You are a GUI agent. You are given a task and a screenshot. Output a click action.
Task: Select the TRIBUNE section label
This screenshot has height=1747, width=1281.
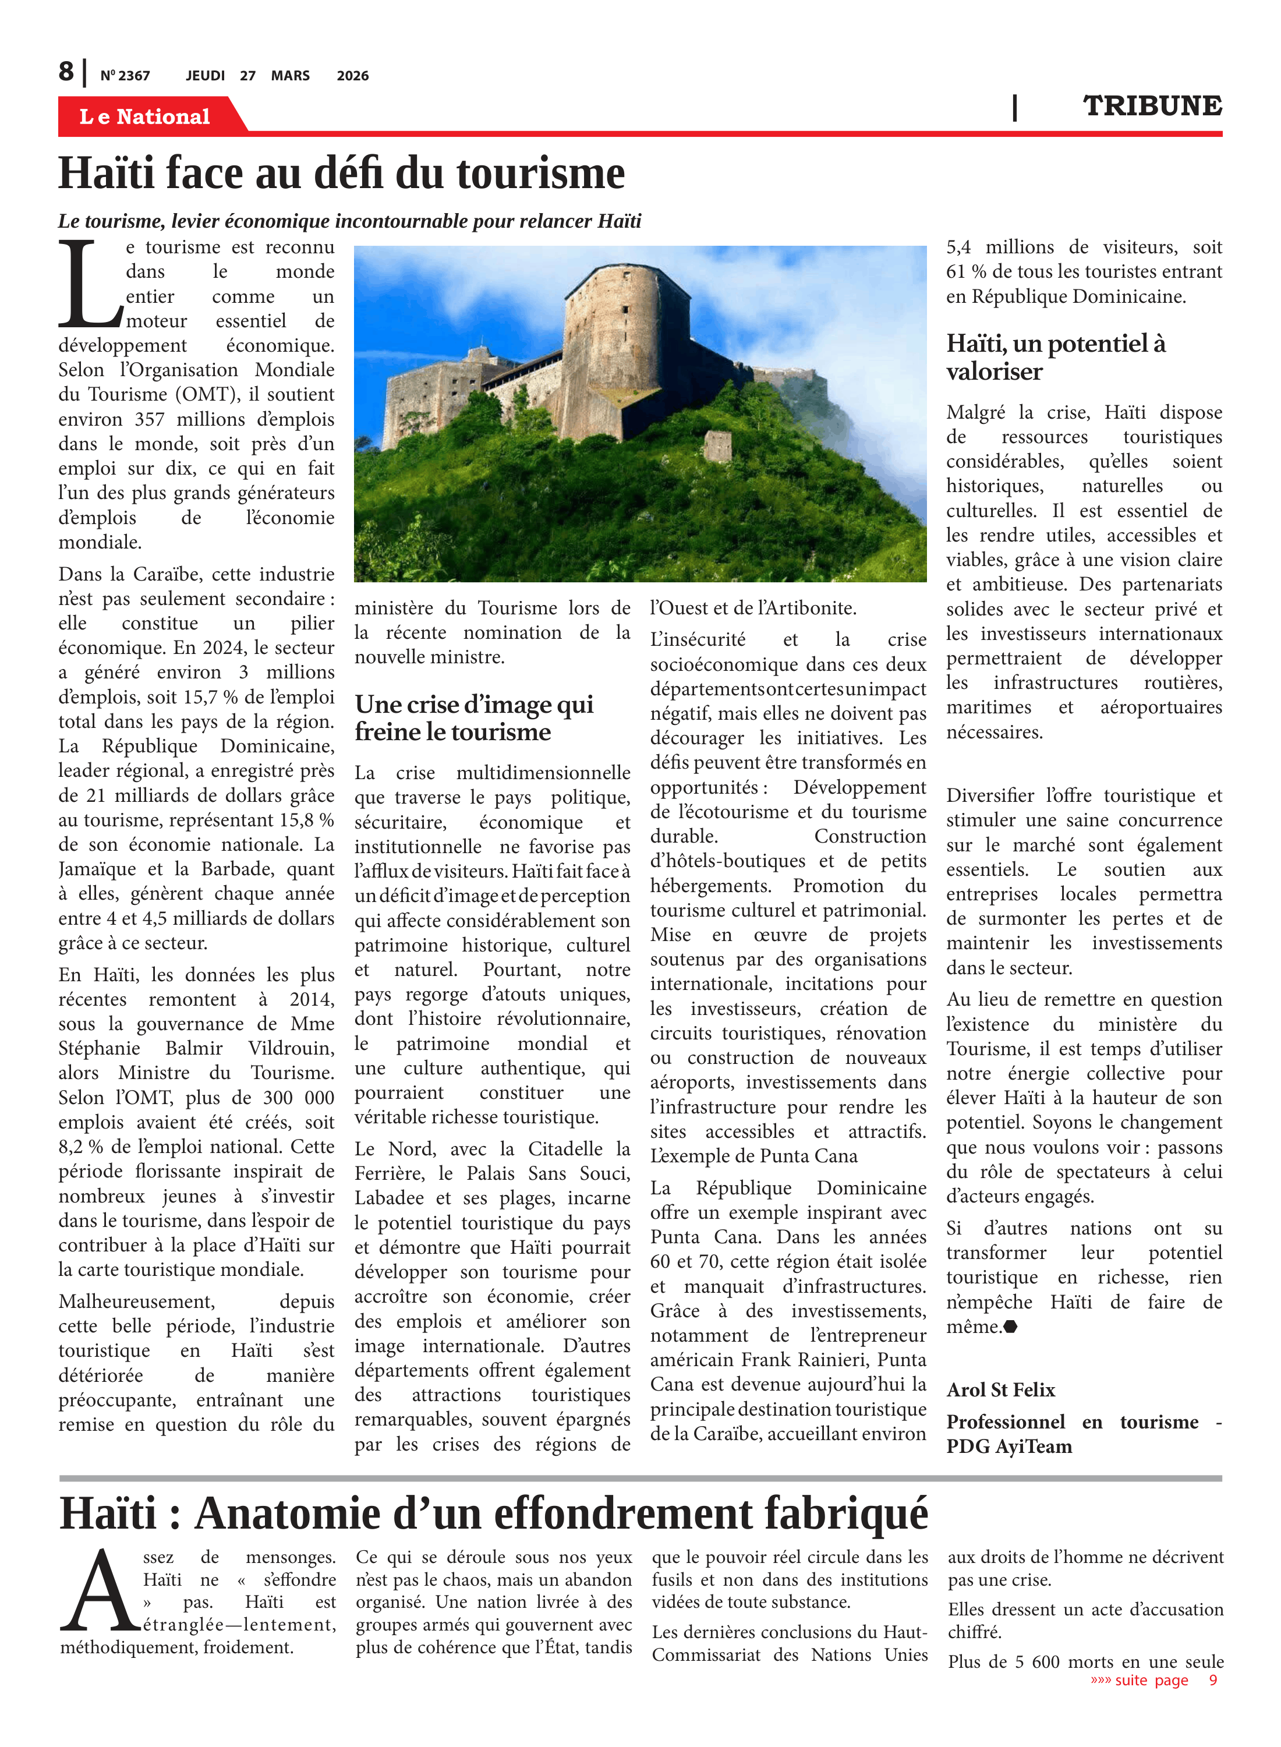[1152, 105]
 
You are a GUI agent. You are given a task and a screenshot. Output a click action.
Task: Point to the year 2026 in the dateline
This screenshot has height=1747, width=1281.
[352, 76]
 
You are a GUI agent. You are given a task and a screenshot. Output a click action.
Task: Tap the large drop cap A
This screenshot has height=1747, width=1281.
[99, 1590]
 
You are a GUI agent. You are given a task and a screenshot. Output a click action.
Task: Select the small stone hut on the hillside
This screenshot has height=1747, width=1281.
[717, 446]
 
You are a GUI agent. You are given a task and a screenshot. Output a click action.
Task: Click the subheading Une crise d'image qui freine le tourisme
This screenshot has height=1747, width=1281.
[474, 717]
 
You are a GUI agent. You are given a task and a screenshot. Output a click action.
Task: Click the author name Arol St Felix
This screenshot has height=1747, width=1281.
[1000, 1389]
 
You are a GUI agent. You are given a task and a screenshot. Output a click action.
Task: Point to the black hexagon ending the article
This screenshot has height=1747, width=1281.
[1010, 1327]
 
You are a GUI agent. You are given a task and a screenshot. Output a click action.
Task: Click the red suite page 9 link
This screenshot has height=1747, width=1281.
[1153, 1679]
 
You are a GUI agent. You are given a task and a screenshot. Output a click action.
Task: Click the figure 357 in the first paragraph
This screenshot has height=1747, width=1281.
[150, 419]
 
